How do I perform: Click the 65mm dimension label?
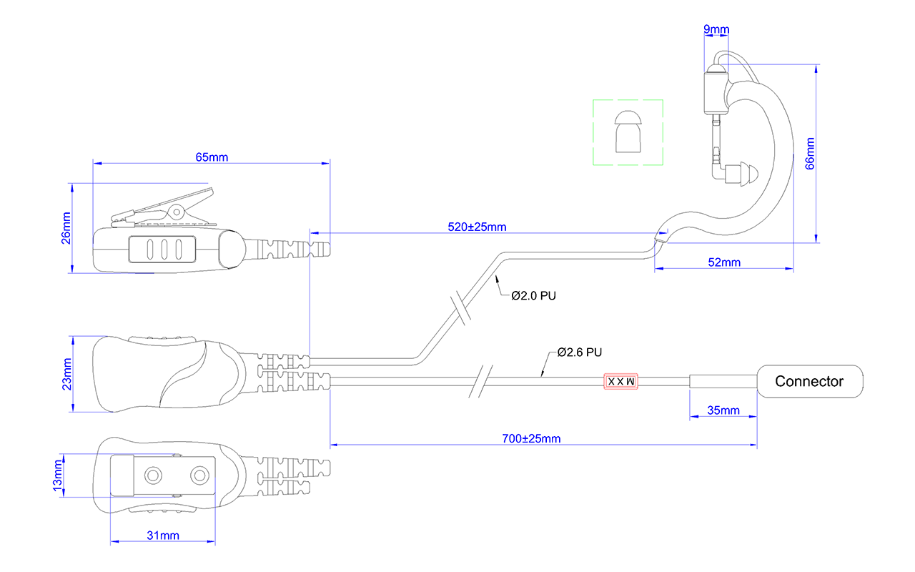coord(212,157)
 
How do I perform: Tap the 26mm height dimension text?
coord(66,228)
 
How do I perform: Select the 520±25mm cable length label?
coord(477,227)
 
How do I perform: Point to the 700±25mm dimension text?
coord(531,439)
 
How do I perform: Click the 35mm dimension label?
coord(723,410)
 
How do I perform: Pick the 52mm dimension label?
coord(724,262)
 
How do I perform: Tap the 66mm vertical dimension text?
coord(810,154)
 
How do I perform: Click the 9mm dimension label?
coord(716,29)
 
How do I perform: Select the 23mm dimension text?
coord(66,374)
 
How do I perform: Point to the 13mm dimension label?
coord(58,475)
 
